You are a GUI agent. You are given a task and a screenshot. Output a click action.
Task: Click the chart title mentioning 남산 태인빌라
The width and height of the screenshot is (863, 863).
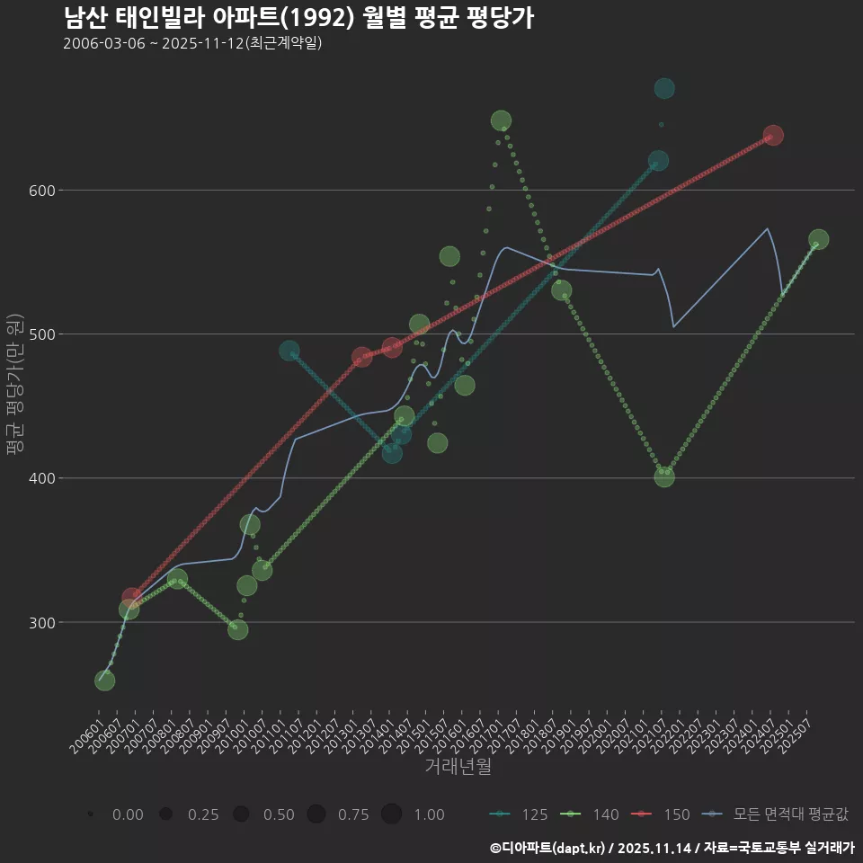tap(298, 18)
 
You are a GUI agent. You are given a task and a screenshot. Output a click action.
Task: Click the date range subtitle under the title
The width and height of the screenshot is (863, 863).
tap(192, 43)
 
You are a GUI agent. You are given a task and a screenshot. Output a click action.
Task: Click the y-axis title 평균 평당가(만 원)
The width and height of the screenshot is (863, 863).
tap(13, 386)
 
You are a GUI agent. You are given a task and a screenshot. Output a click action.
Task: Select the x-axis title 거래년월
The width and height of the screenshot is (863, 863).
tap(458, 767)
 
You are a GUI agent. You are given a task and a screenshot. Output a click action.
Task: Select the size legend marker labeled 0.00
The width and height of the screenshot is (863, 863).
tap(90, 814)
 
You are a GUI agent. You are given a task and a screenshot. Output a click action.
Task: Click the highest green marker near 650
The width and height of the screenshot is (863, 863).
tap(502, 120)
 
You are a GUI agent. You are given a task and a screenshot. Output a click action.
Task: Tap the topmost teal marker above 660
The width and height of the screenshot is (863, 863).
tap(664, 88)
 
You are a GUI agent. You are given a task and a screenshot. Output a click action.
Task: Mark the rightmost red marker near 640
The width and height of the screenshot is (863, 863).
tap(773, 135)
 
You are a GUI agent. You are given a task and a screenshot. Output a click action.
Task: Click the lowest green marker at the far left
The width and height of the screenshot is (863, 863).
tap(104, 681)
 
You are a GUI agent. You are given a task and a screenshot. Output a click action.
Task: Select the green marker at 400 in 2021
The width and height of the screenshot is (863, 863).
tap(664, 477)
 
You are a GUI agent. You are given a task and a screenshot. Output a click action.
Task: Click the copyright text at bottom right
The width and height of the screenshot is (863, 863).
tap(672, 848)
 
